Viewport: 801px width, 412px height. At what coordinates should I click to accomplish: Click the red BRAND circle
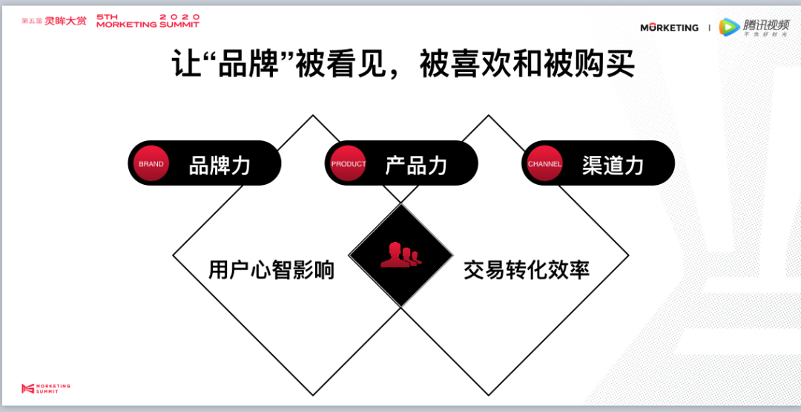[x=151, y=163]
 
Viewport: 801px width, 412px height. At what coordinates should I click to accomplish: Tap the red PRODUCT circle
[x=349, y=163]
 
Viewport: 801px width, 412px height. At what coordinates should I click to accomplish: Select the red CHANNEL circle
[x=544, y=163]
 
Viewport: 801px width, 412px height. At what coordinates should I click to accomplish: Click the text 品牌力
[x=220, y=165]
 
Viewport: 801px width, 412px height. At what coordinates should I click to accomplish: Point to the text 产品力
[x=416, y=165]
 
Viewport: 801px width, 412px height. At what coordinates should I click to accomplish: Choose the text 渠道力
[x=613, y=165]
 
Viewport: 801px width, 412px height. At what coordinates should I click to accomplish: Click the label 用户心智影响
[x=271, y=269]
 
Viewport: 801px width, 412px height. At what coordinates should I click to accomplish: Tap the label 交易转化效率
[x=527, y=269]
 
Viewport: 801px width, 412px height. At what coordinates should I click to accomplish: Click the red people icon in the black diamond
[x=400, y=255]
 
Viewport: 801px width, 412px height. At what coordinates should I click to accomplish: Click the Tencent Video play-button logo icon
[x=730, y=27]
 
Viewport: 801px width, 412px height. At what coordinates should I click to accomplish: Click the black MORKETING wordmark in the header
[x=669, y=27]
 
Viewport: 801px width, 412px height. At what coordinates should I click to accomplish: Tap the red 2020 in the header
[x=180, y=16]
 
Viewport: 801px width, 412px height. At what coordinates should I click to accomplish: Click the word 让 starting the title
[x=187, y=64]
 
